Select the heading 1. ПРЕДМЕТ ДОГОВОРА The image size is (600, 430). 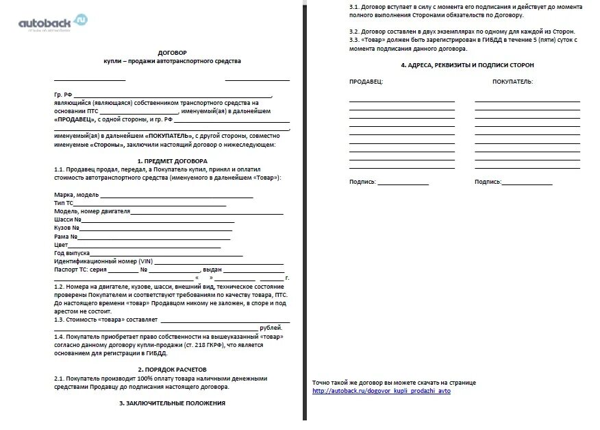point(171,161)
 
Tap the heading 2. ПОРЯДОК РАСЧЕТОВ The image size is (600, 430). point(171,369)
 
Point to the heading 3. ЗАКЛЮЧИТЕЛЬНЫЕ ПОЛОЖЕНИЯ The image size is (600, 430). point(171,403)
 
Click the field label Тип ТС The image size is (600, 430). point(63,203)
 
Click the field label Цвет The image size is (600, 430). point(61,245)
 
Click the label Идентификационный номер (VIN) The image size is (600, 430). point(103,261)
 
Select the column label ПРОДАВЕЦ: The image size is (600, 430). point(366,82)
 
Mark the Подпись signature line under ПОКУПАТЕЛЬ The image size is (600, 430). point(527,182)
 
